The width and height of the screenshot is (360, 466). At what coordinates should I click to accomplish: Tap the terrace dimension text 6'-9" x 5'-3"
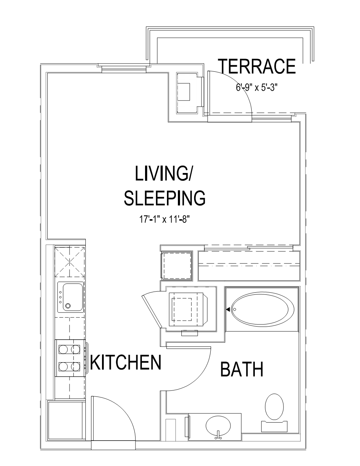[257, 88]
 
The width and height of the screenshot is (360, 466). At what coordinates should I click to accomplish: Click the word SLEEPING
[165, 198]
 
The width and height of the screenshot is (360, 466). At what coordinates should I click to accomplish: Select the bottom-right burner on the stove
[76, 366]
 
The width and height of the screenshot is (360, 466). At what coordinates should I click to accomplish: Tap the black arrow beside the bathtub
[228, 309]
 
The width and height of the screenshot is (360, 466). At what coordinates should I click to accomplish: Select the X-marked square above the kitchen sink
[70, 262]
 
